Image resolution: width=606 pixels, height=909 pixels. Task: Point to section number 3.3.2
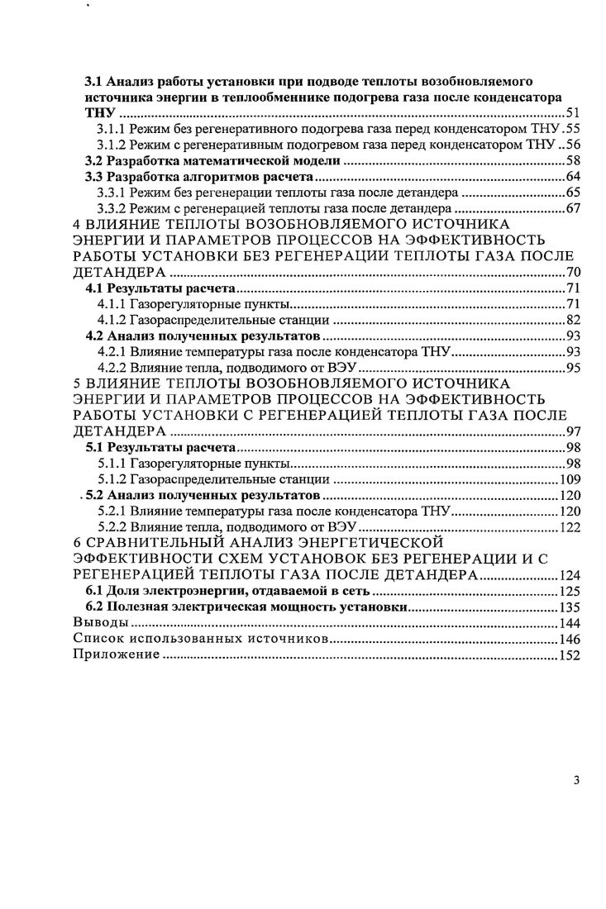[112, 207]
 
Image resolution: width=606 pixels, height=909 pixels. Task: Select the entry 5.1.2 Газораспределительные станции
[213, 478]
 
